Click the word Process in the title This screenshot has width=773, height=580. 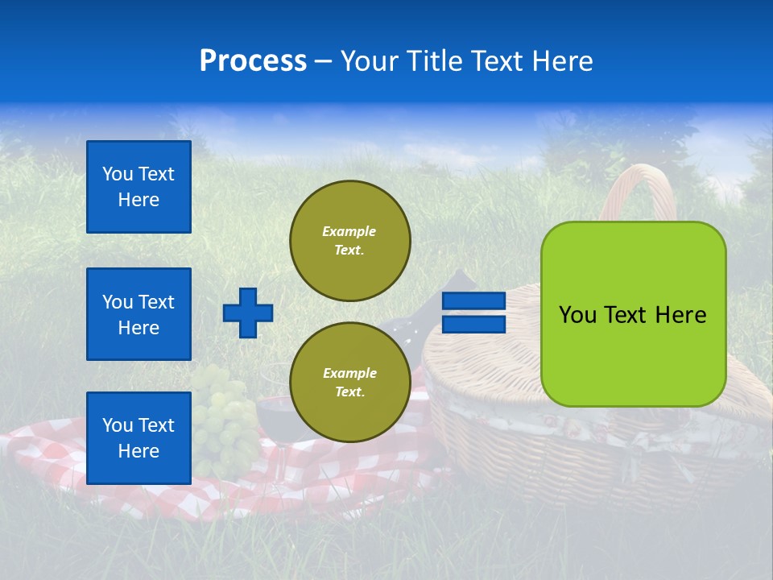tap(253, 61)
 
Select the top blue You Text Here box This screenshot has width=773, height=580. tap(138, 187)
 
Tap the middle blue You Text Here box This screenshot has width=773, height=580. tap(138, 314)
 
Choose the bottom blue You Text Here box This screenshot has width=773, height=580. tap(138, 437)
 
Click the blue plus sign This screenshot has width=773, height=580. tap(248, 313)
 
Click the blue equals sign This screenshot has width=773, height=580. tap(474, 313)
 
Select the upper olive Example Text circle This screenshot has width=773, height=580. tap(349, 240)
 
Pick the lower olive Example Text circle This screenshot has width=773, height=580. tap(349, 382)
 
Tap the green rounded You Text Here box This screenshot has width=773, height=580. tap(633, 314)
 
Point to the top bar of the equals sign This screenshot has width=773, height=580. tap(474, 301)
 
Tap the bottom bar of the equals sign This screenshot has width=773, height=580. tap(474, 325)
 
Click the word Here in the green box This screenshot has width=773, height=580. tap(680, 315)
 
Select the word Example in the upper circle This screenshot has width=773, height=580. tap(349, 231)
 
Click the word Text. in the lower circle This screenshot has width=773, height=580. tap(349, 392)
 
